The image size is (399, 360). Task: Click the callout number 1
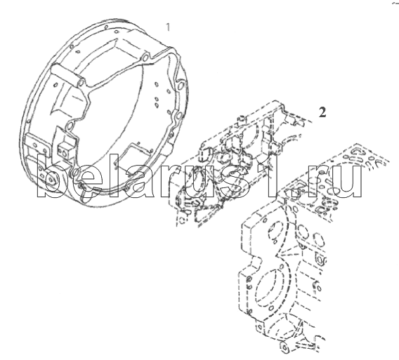click(168, 27)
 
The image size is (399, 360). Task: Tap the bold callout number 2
click(322, 112)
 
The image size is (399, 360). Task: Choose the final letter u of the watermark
click(348, 182)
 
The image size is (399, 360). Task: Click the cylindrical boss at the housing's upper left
click(68, 74)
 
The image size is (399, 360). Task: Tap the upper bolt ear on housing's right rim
click(181, 85)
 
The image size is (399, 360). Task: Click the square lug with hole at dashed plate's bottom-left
click(259, 327)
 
